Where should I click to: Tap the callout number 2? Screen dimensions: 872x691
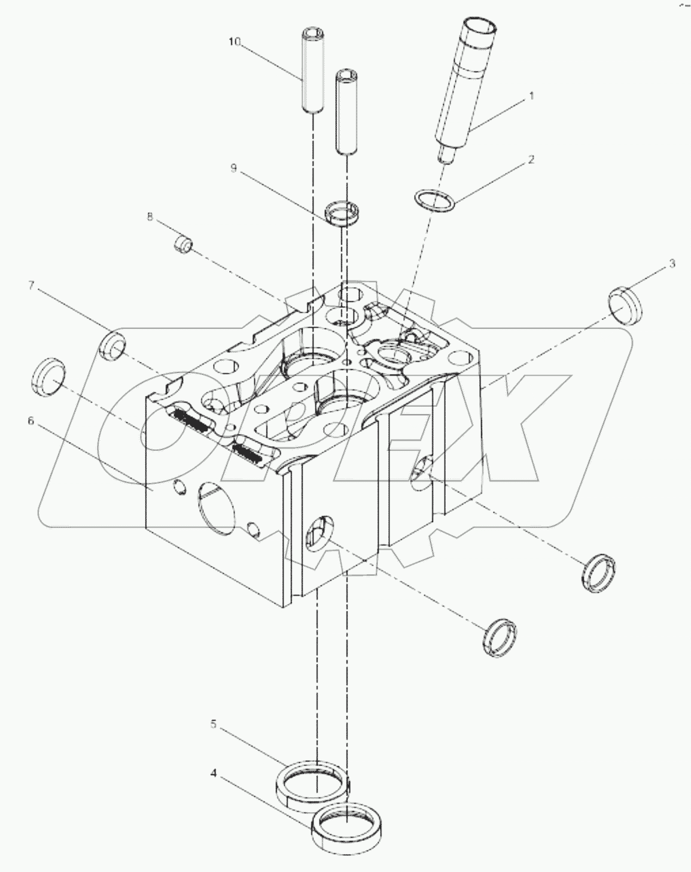click(x=530, y=160)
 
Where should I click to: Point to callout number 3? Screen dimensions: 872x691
click(x=672, y=263)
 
